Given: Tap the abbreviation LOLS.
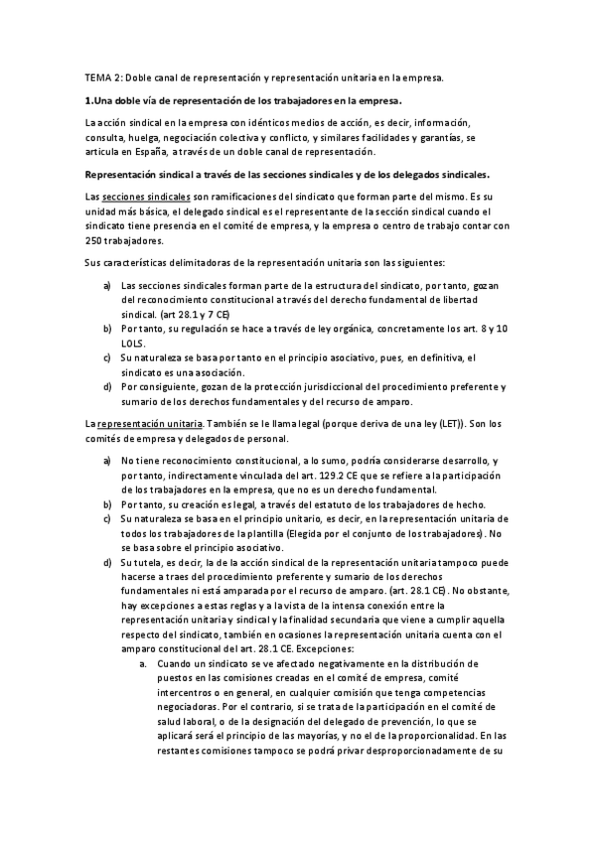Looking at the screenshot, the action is pos(134,341).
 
